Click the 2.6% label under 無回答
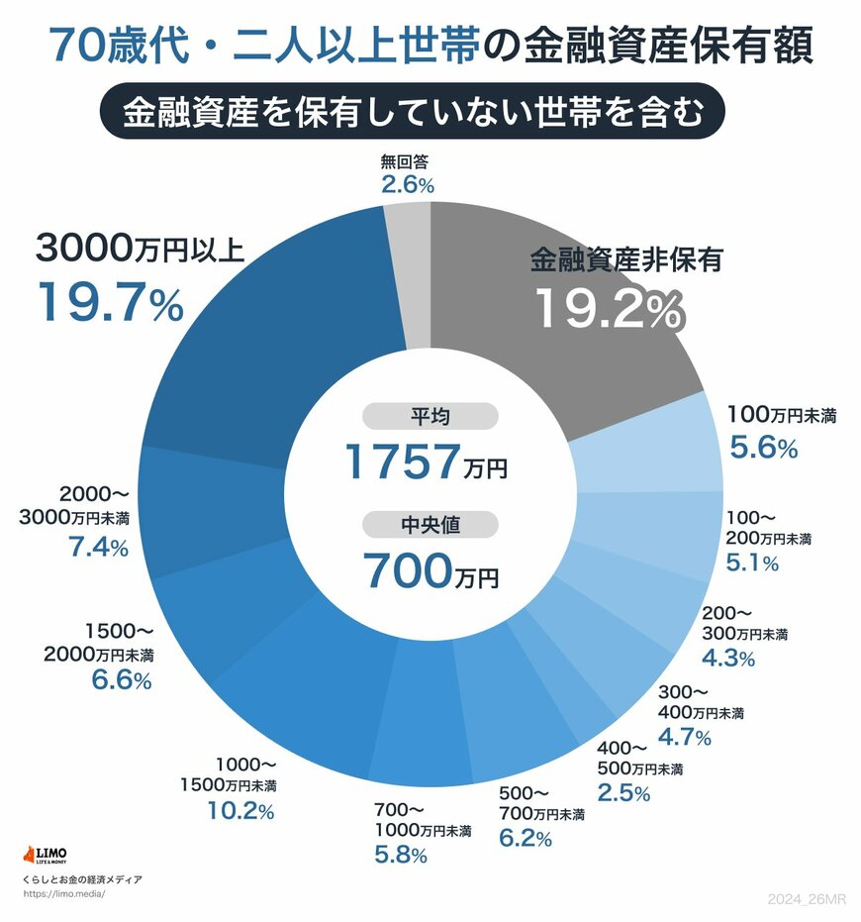click(408, 184)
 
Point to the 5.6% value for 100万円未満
click(763, 449)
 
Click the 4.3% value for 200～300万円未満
click(728, 657)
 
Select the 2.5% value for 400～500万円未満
click(623, 792)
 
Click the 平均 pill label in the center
click(430, 417)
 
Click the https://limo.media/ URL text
click(62, 893)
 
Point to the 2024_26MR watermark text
click(808, 898)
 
